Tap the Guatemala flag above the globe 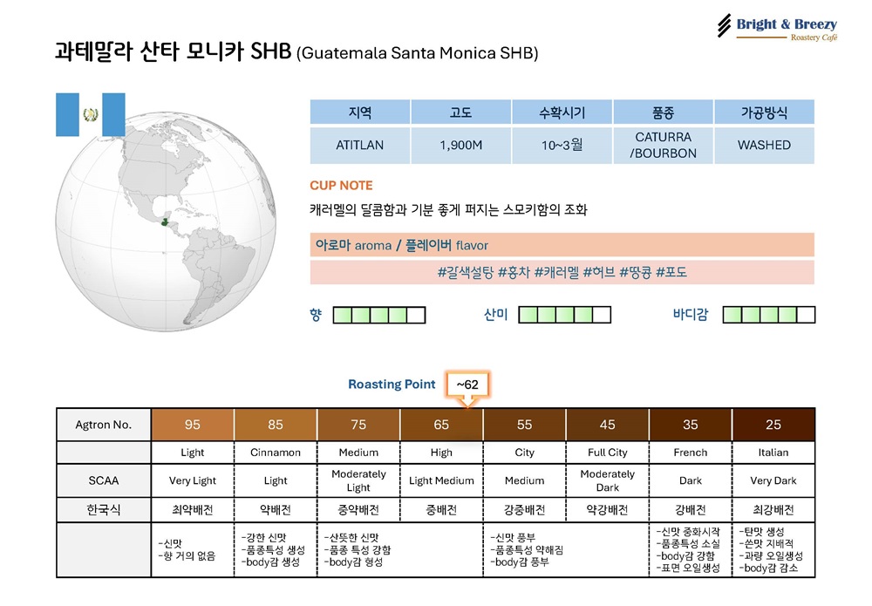click(x=90, y=114)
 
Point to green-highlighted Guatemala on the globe click(x=165, y=221)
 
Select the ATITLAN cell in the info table click(x=360, y=145)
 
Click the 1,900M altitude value click(x=461, y=145)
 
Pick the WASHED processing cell click(x=764, y=145)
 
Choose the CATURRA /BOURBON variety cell click(x=663, y=145)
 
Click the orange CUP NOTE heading click(x=341, y=185)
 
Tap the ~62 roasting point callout click(x=467, y=385)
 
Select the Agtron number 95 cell click(x=193, y=425)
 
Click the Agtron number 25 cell click(x=773, y=425)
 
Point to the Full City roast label click(x=607, y=453)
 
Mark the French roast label click(x=690, y=453)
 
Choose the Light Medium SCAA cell click(x=441, y=481)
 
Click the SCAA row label click(x=104, y=481)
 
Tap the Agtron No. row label click(x=104, y=425)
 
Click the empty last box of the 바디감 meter click(x=806, y=316)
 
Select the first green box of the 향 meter click(x=343, y=316)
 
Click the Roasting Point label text click(x=392, y=385)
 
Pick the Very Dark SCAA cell click(x=773, y=481)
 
